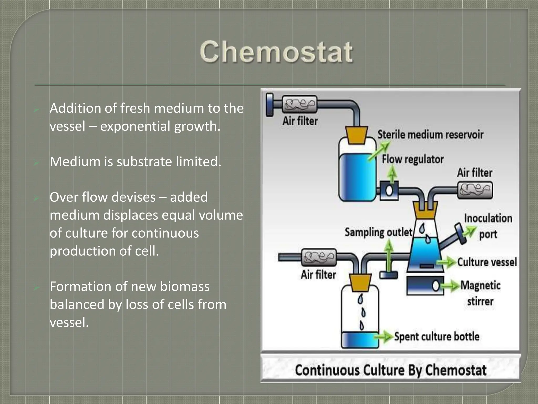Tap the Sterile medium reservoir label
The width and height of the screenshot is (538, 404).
click(430, 135)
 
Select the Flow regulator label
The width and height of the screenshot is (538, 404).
click(412, 159)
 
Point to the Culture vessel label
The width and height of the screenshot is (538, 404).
click(487, 262)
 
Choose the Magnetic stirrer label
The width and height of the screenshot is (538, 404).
click(480, 293)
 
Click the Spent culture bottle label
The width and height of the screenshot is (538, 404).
click(437, 336)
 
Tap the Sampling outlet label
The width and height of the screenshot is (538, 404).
click(378, 232)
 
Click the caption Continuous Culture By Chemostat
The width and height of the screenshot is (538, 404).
click(391, 370)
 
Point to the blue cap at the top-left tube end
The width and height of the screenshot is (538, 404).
click(270, 105)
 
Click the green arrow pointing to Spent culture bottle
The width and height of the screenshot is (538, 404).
click(384, 336)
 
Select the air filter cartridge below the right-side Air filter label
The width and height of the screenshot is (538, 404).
click(475, 190)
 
